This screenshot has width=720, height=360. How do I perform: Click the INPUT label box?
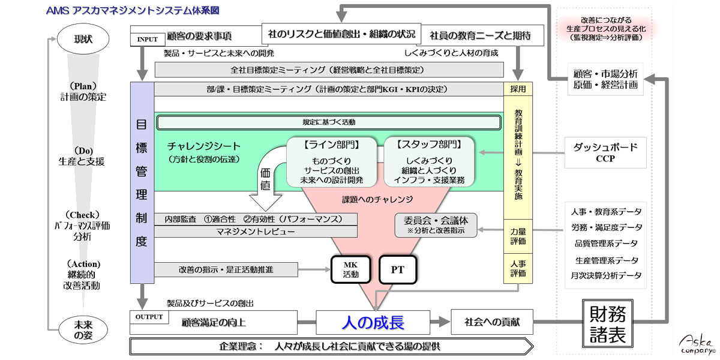coord(148,40)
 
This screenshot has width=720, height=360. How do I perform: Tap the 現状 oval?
coord(83,40)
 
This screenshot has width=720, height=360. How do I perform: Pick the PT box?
coord(397,270)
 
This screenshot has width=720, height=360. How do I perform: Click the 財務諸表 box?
coord(608,323)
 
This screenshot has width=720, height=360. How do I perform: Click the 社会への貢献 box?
coord(491,322)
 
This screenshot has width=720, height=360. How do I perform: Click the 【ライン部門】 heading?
coord(332,145)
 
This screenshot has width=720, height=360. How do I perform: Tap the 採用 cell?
coord(517,89)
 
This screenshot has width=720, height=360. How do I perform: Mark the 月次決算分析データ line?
coord(606,275)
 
